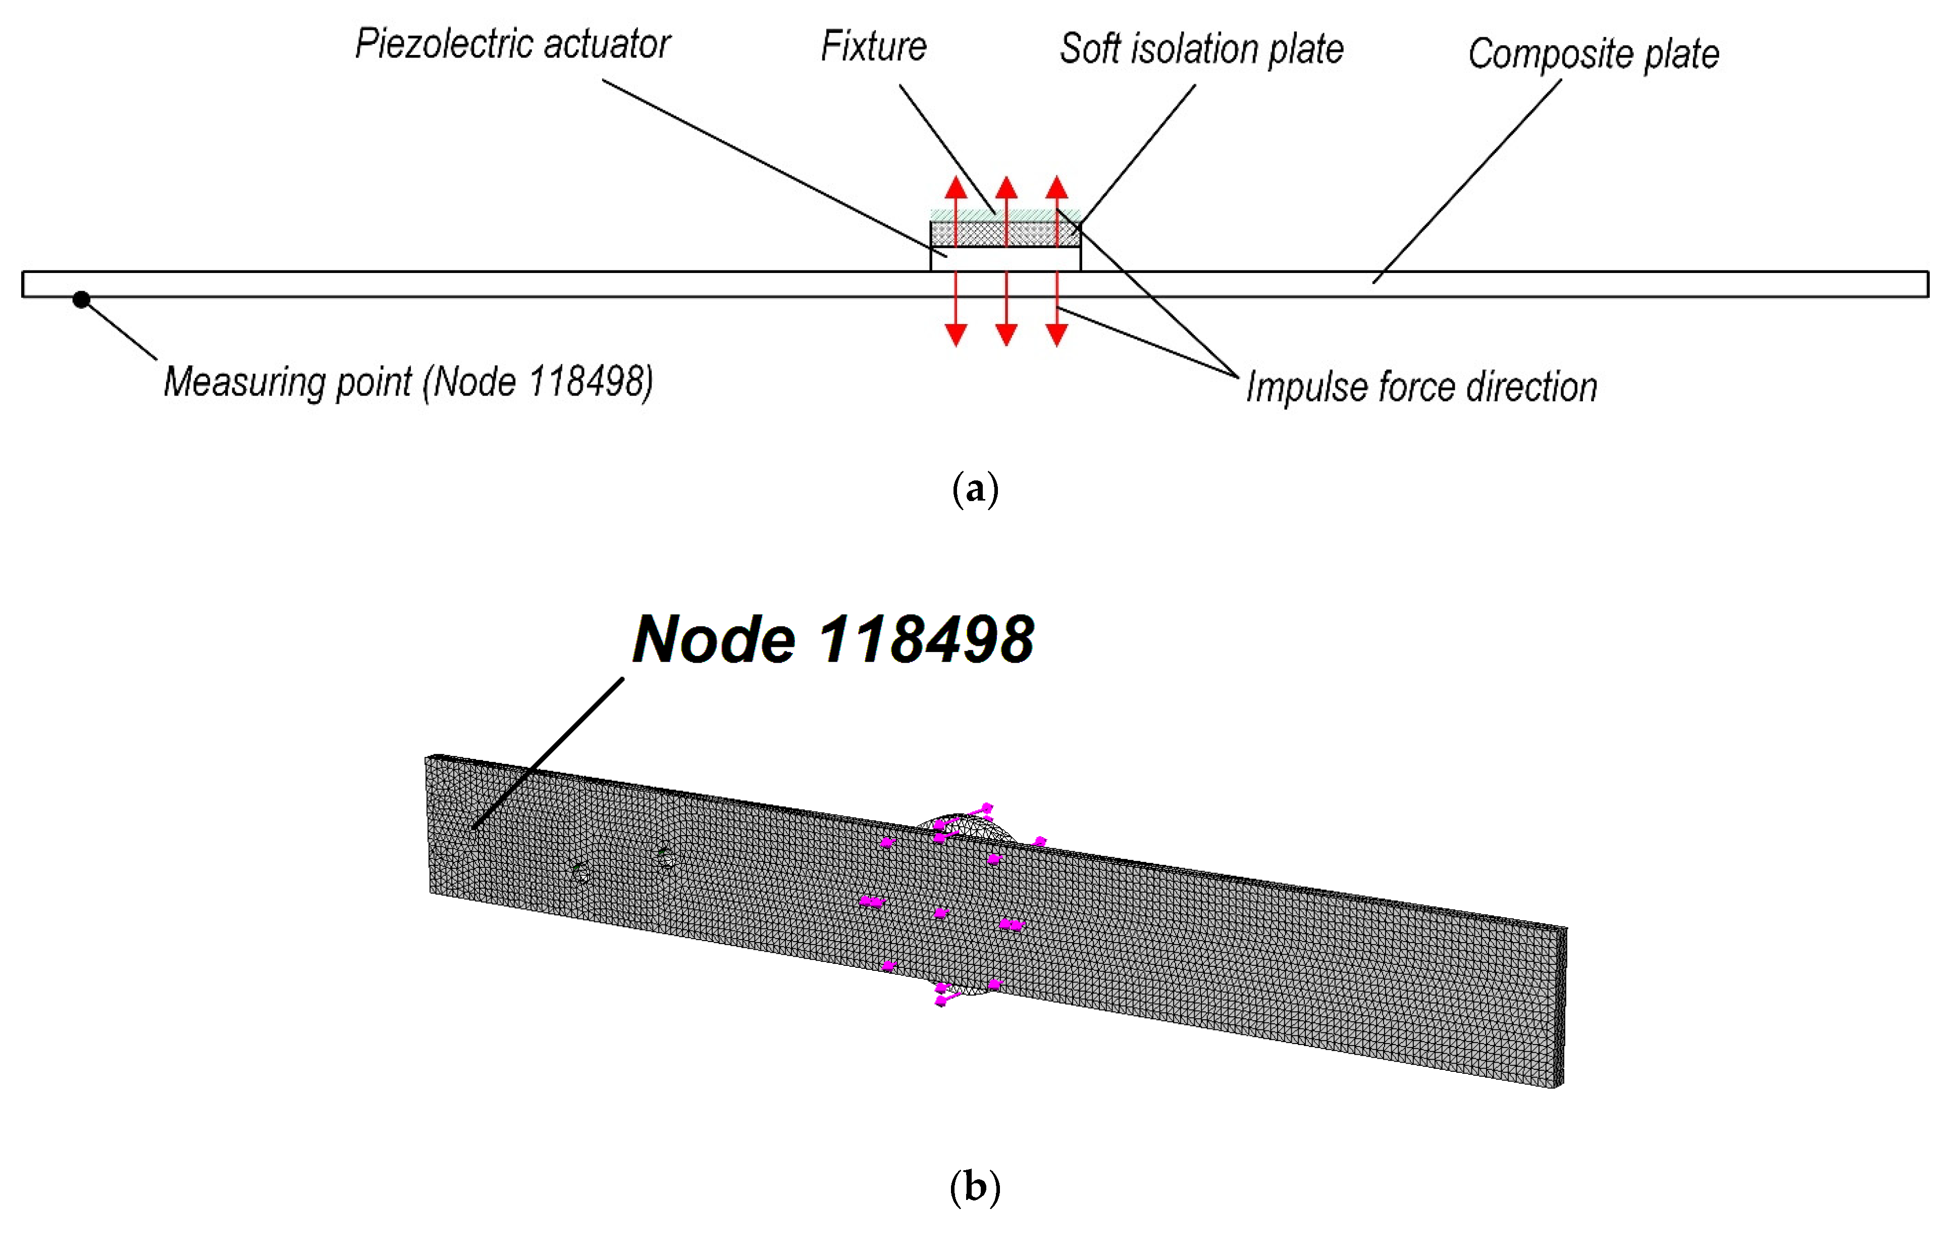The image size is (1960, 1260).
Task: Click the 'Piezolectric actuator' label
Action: point(512,44)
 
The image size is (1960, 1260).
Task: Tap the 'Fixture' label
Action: point(873,46)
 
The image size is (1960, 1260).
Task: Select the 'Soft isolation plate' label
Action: point(1201,49)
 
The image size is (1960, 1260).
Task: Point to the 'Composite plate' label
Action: point(1593,54)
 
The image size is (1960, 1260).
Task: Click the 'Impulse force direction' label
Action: point(1421,387)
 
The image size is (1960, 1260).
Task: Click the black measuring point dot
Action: point(81,299)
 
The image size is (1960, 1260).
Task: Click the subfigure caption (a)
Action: point(975,489)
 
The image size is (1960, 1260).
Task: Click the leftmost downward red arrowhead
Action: point(956,335)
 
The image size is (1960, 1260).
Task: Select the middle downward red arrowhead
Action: point(1007,335)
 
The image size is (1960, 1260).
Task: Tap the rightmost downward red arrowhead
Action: point(1056,335)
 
